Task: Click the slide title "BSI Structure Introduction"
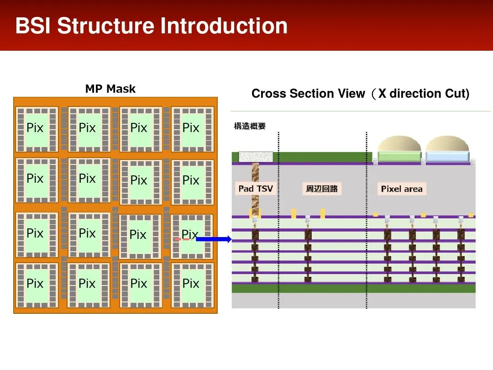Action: click(151, 26)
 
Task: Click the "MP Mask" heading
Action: click(110, 89)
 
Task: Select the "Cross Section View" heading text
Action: click(308, 94)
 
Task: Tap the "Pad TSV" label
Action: click(256, 189)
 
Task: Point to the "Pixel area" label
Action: click(402, 189)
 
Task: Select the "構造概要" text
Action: click(250, 127)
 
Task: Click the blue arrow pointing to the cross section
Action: click(214, 239)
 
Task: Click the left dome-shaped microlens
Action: click(399, 144)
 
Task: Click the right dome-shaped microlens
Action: click(447, 144)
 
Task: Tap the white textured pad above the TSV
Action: click(256, 157)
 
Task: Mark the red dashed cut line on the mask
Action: click(183, 239)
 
